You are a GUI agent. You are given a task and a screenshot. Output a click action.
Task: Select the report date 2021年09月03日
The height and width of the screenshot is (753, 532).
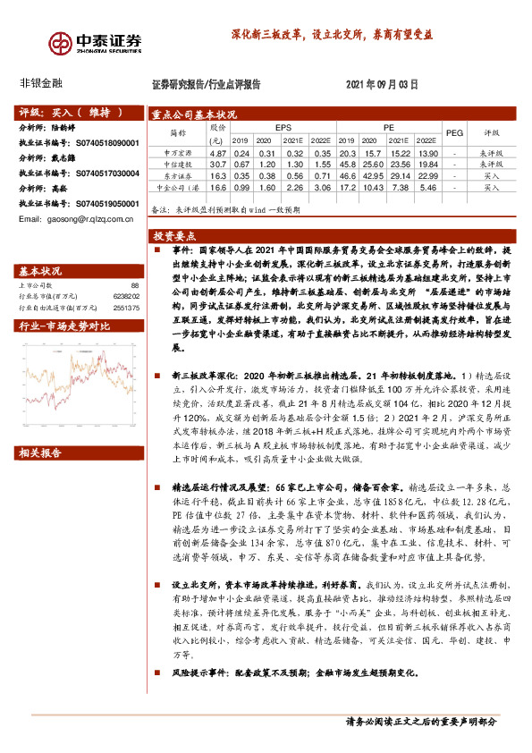[x=382, y=84]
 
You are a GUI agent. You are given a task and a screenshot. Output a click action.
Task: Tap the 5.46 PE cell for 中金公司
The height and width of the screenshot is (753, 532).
[x=426, y=189]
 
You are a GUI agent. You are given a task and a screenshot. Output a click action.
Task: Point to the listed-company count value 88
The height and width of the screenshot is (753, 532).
[x=135, y=285]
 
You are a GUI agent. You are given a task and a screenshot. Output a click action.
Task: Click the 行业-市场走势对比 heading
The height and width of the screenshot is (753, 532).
[x=64, y=327]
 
